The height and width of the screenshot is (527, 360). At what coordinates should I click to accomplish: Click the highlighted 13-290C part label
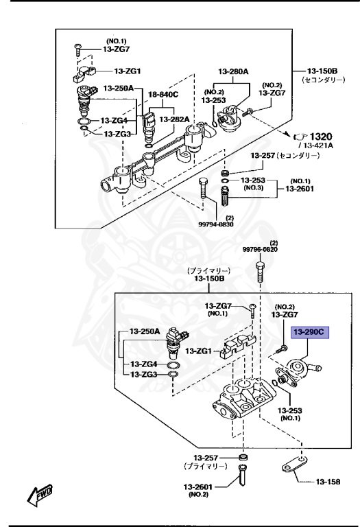[309, 332]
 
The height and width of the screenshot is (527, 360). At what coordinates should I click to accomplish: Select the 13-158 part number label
[328, 482]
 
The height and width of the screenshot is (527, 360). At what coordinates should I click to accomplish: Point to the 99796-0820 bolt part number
[261, 249]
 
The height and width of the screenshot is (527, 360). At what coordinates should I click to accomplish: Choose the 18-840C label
[163, 94]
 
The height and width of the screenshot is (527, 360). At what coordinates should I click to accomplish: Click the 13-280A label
[233, 71]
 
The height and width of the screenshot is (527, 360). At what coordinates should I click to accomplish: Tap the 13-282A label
[175, 119]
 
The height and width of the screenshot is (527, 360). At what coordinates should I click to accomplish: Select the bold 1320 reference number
[321, 137]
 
